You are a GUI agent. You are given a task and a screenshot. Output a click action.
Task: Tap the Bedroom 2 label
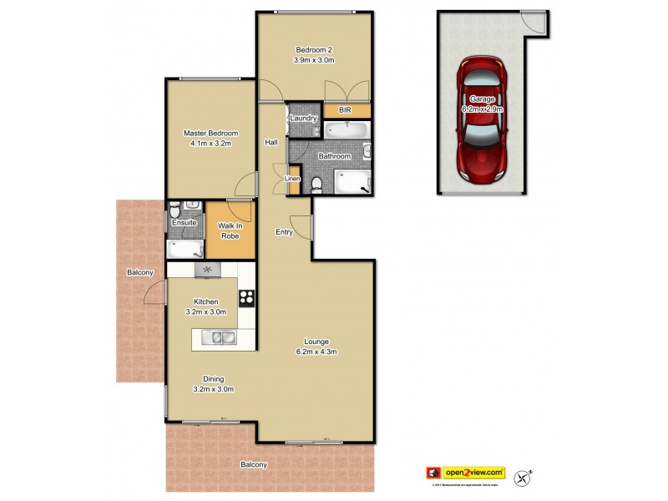(x=314, y=54)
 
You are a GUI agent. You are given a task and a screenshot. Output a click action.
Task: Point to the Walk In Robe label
(x=229, y=230)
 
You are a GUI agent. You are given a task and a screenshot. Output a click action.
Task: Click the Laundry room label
(x=303, y=119)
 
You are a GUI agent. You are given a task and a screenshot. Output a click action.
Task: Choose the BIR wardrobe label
(x=344, y=110)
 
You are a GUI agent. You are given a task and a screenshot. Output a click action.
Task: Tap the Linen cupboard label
(x=292, y=179)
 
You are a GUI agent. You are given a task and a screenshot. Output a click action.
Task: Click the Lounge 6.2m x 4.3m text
(x=315, y=347)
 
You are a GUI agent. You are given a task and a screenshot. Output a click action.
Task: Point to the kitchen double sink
(x=221, y=337)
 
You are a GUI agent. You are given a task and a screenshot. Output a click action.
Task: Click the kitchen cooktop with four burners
(x=246, y=296)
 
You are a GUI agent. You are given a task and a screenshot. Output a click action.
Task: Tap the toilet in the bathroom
(x=316, y=184)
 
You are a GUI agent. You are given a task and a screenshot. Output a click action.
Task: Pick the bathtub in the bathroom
(x=345, y=130)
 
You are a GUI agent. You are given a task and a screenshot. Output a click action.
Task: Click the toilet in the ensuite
(x=174, y=210)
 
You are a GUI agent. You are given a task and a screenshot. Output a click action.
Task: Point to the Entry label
(x=285, y=232)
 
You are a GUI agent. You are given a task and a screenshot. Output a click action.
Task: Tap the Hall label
(x=271, y=143)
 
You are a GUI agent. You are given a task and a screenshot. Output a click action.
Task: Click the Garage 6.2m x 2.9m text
(x=481, y=104)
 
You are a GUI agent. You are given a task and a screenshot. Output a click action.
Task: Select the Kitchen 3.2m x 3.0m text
(x=207, y=306)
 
